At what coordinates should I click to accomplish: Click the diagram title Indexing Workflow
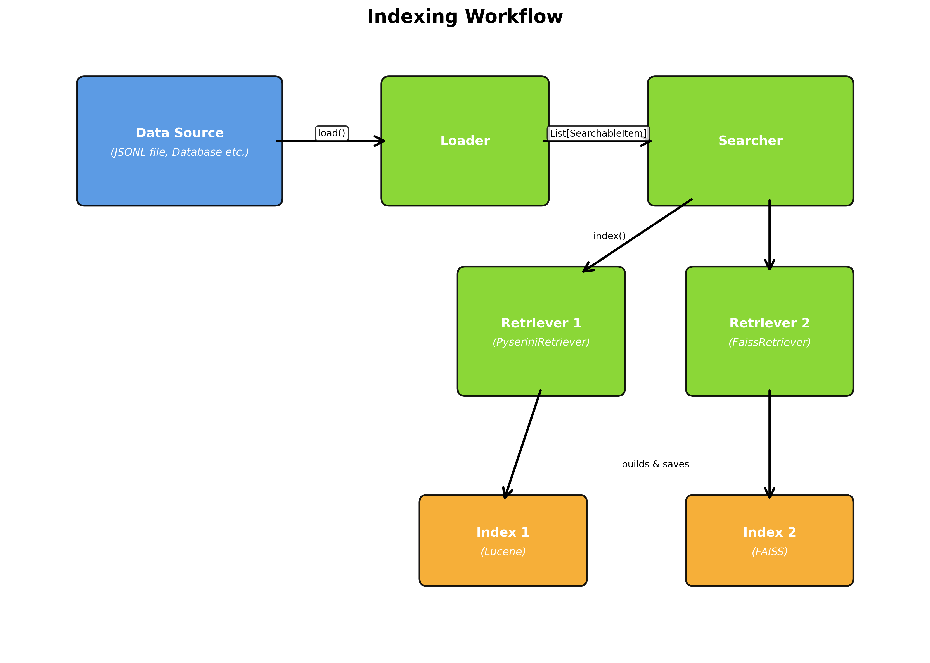tap(465, 17)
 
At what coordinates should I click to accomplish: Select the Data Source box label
tap(180, 133)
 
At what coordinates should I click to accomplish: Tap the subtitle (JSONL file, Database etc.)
tap(180, 152)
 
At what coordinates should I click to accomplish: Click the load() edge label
tap(332, 133)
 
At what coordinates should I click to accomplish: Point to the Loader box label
tap(465, 141)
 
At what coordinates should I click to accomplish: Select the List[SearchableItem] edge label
tap(598, 133)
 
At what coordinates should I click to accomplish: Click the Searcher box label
tap(750, 141)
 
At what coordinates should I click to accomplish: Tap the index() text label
tap(609, 236)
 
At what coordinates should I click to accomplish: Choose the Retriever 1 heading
tap(541, 323)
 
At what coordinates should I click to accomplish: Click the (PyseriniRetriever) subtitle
tap(541, 342)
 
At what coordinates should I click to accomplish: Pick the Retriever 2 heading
tap(769, 323)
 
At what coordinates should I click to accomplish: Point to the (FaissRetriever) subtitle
tap(769, 342)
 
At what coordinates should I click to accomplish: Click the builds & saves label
tap(655, 464)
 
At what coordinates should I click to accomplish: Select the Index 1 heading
tap(503, 532)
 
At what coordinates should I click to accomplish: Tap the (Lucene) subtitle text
tap(503, 552)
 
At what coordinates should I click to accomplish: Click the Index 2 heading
tap(769, 532)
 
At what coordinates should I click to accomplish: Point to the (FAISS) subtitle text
tap(769, 552)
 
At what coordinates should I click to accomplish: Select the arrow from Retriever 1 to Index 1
tap(523, 444)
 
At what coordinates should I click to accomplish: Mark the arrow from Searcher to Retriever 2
tap(770, 235)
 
